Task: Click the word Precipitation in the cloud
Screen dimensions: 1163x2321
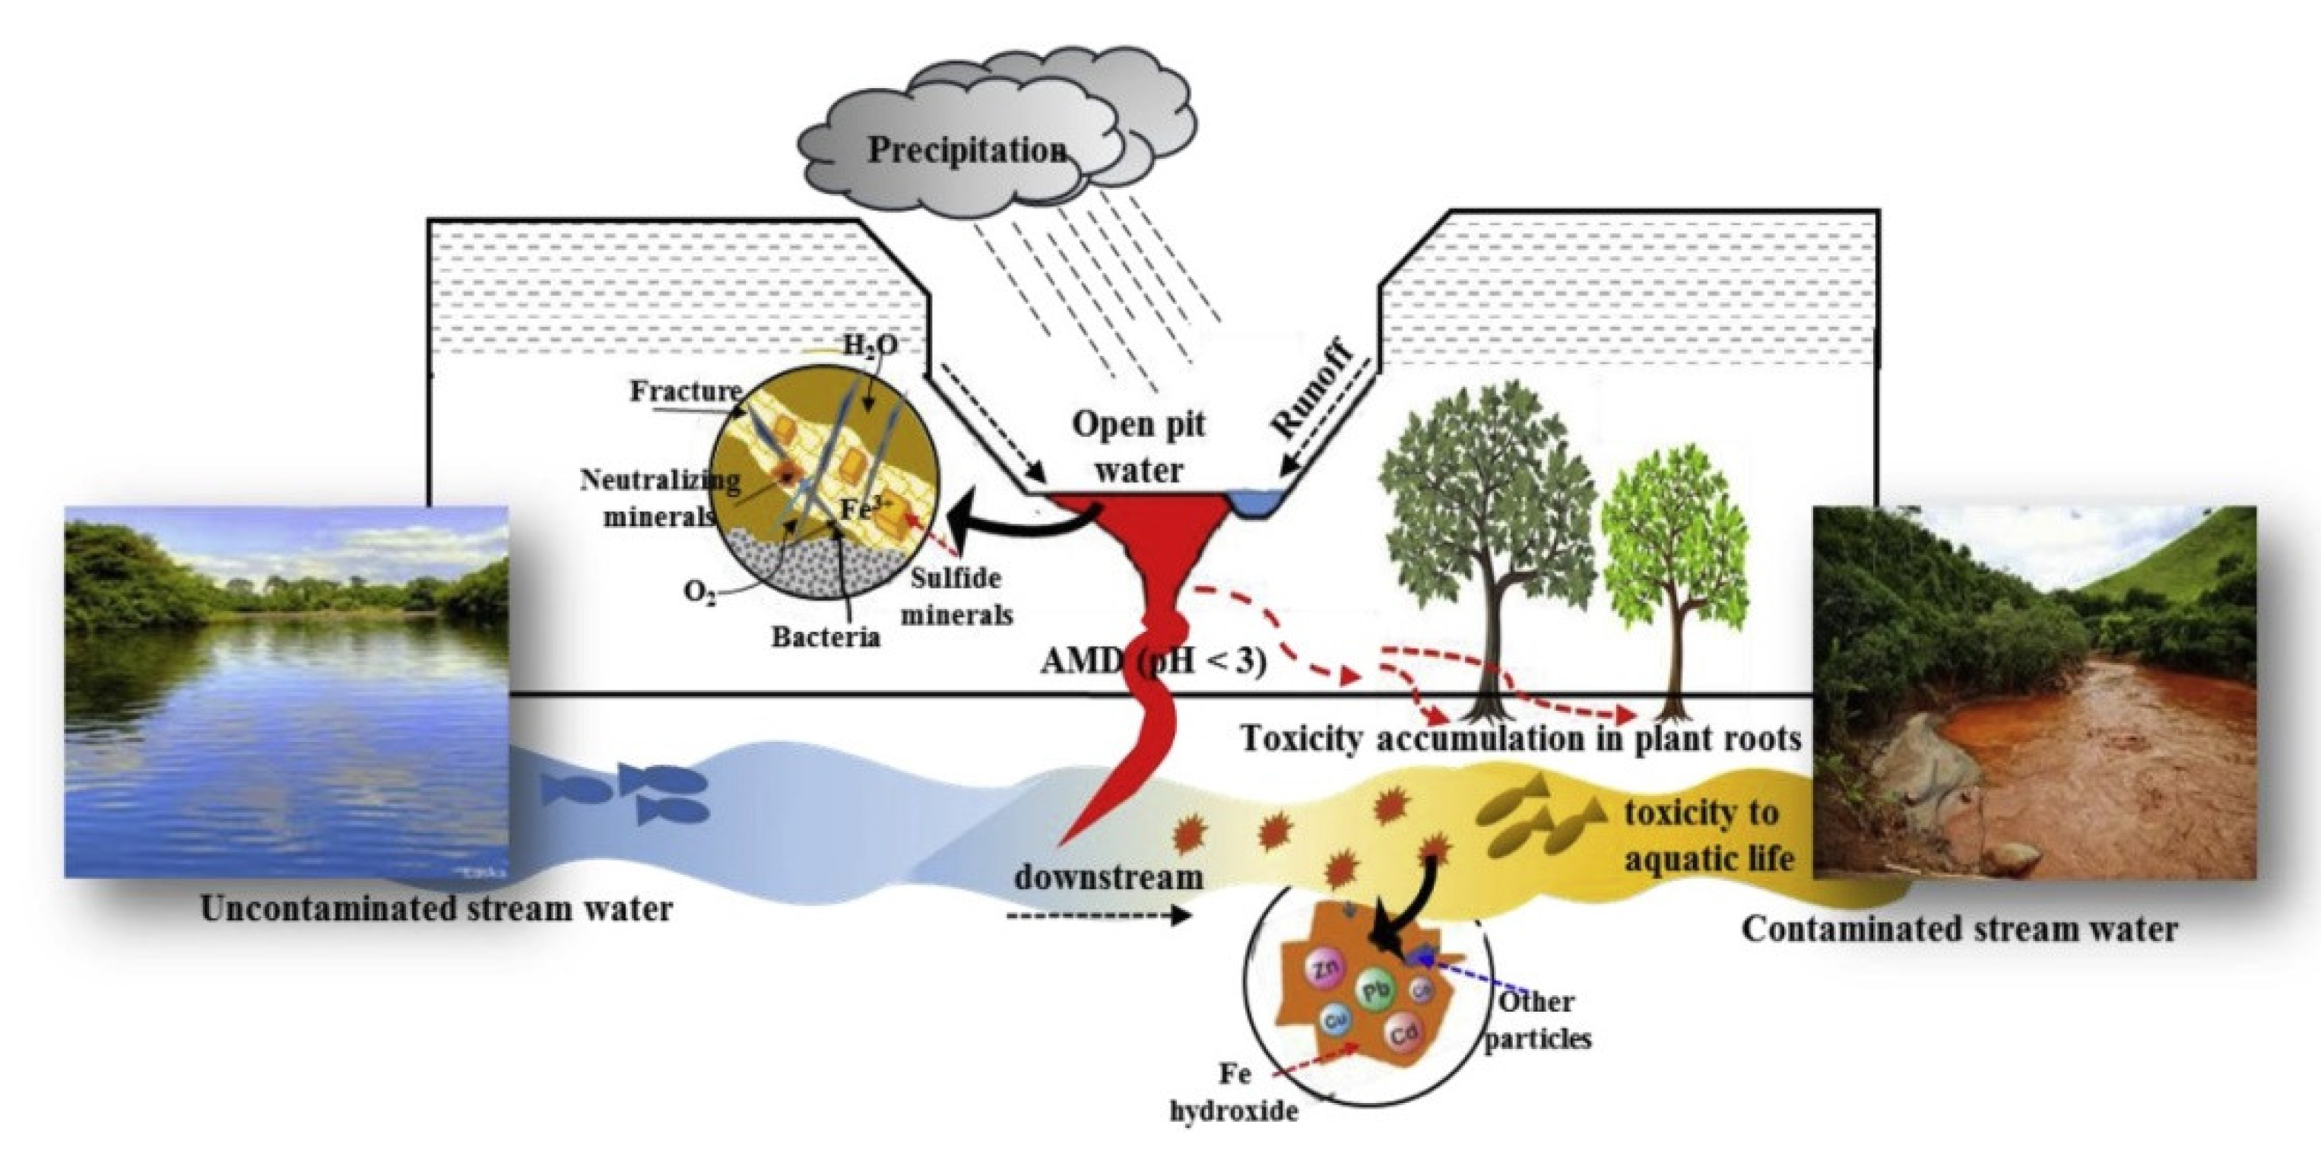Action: (x=967, y=150)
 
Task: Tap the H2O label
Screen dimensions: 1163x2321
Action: (x=870, y=344)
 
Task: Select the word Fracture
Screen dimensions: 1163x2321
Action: (x=685, y=391)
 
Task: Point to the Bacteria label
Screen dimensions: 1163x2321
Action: (x=826, y=636)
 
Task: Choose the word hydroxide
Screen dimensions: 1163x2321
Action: (x=1235, y=1111)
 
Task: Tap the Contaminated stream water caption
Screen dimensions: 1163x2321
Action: (x=1959, y=929)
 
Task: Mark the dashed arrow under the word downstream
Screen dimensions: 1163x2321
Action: (x=1099, y=916)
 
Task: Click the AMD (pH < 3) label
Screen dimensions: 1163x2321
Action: (x=1154, y=661)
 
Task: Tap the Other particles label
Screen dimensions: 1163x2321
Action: (x=1537, y=1020)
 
